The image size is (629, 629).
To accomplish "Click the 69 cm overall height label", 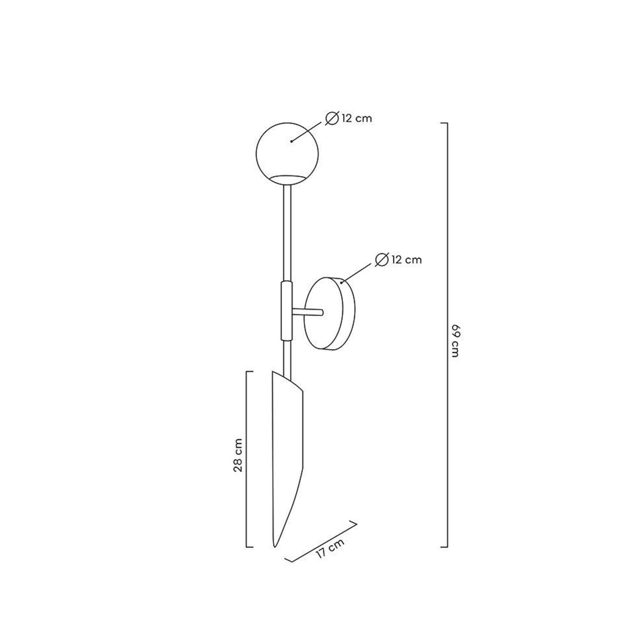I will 454,341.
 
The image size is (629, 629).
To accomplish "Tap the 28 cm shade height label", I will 238,455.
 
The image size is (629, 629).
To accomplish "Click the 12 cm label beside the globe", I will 356,118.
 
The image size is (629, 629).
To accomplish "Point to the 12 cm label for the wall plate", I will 407,259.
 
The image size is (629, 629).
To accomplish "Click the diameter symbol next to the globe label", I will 332,118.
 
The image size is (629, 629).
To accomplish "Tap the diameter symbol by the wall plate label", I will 382,259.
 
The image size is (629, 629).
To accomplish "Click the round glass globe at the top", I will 287,152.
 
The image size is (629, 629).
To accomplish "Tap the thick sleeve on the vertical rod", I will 287,310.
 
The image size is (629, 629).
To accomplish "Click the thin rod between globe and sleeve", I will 287,231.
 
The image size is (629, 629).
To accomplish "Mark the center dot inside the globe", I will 291,141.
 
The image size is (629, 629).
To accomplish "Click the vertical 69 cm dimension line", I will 447,335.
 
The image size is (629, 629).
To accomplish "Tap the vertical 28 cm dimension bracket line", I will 247,459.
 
